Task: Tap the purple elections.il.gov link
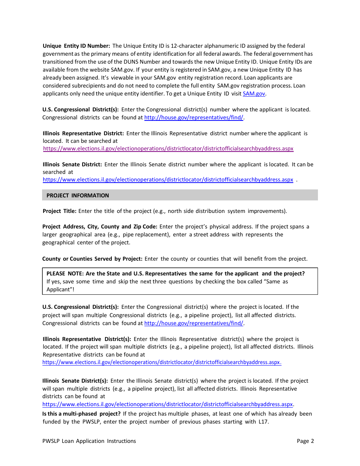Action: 168,149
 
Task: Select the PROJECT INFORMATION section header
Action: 78,195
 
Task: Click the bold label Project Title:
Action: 59,211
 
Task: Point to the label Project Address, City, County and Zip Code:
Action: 100,227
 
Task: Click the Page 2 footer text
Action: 305,441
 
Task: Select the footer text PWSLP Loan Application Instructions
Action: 89,441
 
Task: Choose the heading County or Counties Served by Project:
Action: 92,259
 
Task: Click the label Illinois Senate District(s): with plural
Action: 75,381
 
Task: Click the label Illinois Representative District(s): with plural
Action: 87,339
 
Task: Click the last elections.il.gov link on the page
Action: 167,404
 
